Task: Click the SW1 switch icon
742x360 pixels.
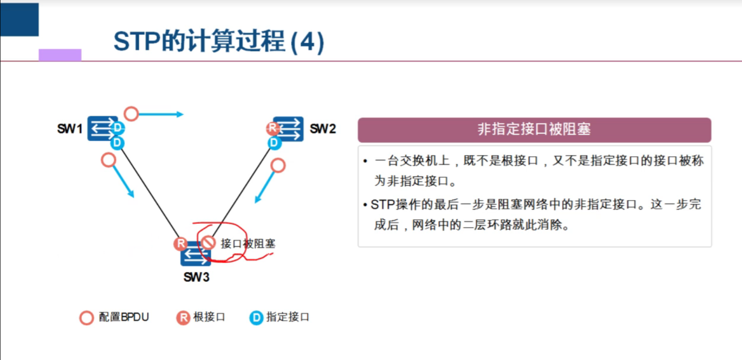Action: click(101, 128)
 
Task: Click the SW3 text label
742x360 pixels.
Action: click(196, 277)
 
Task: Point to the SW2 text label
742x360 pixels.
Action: click(322, 129)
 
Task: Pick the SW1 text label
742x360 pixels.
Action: click(70, 129)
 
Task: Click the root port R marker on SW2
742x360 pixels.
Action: click(272, 127)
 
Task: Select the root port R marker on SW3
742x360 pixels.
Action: click(180, 243)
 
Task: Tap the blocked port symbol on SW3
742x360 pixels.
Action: click(208, 243)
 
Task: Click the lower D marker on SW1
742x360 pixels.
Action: click(117, 142)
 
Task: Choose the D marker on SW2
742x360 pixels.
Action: click(274, 142)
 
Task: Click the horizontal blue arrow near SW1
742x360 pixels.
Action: click(160, 114)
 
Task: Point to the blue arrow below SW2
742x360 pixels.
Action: click(264, 187)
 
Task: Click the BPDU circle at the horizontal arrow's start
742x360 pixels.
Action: click(131, 114)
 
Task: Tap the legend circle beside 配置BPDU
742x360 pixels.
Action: click(86, 318)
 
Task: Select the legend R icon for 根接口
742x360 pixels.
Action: click(183, 318)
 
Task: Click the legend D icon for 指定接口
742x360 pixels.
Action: click(256, 318)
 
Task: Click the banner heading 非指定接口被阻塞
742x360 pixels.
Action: click(534, 129)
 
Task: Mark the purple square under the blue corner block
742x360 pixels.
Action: click(60, 55)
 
